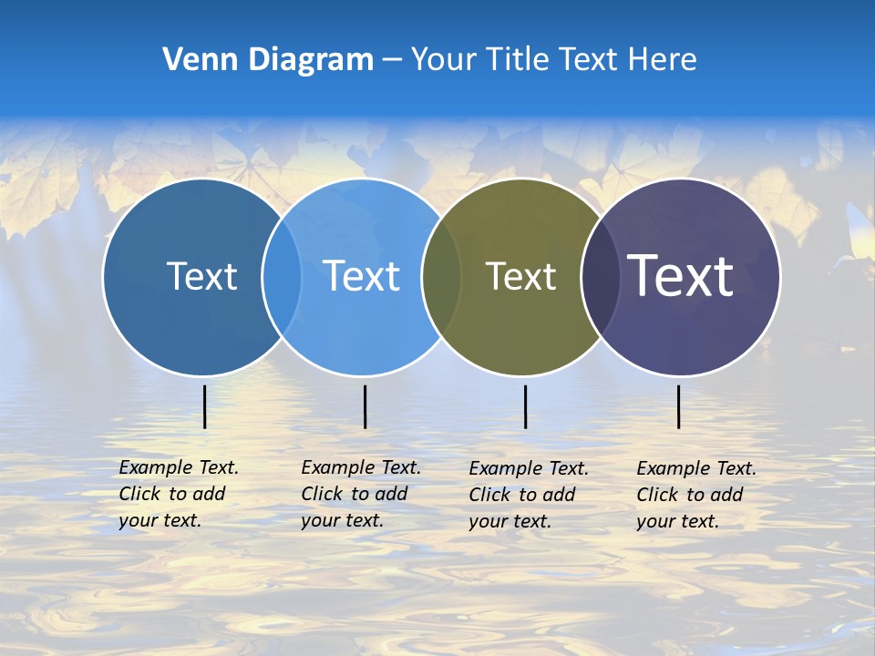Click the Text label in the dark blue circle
click(x=201, y=276)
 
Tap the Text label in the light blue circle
click(x=361, y=276)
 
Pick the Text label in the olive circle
click(x=520, y=276)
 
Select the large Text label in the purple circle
click(x=680, y=275)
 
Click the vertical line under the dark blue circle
click(x=205, y=406)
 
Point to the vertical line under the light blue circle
click(x=365, y=406)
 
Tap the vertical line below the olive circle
click(x=526, y=406)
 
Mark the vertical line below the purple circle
click(x=679, y=406)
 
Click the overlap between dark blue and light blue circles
click(x=282, y=277)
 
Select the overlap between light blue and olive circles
click(x=441, y=277)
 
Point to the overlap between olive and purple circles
click(x=600, y=277)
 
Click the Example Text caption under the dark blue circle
click(x=179, y=494)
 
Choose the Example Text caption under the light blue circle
click(x=361, y=494)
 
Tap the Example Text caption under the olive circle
click(x=529, y=495)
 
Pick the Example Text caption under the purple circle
click(x=696, y=495)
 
